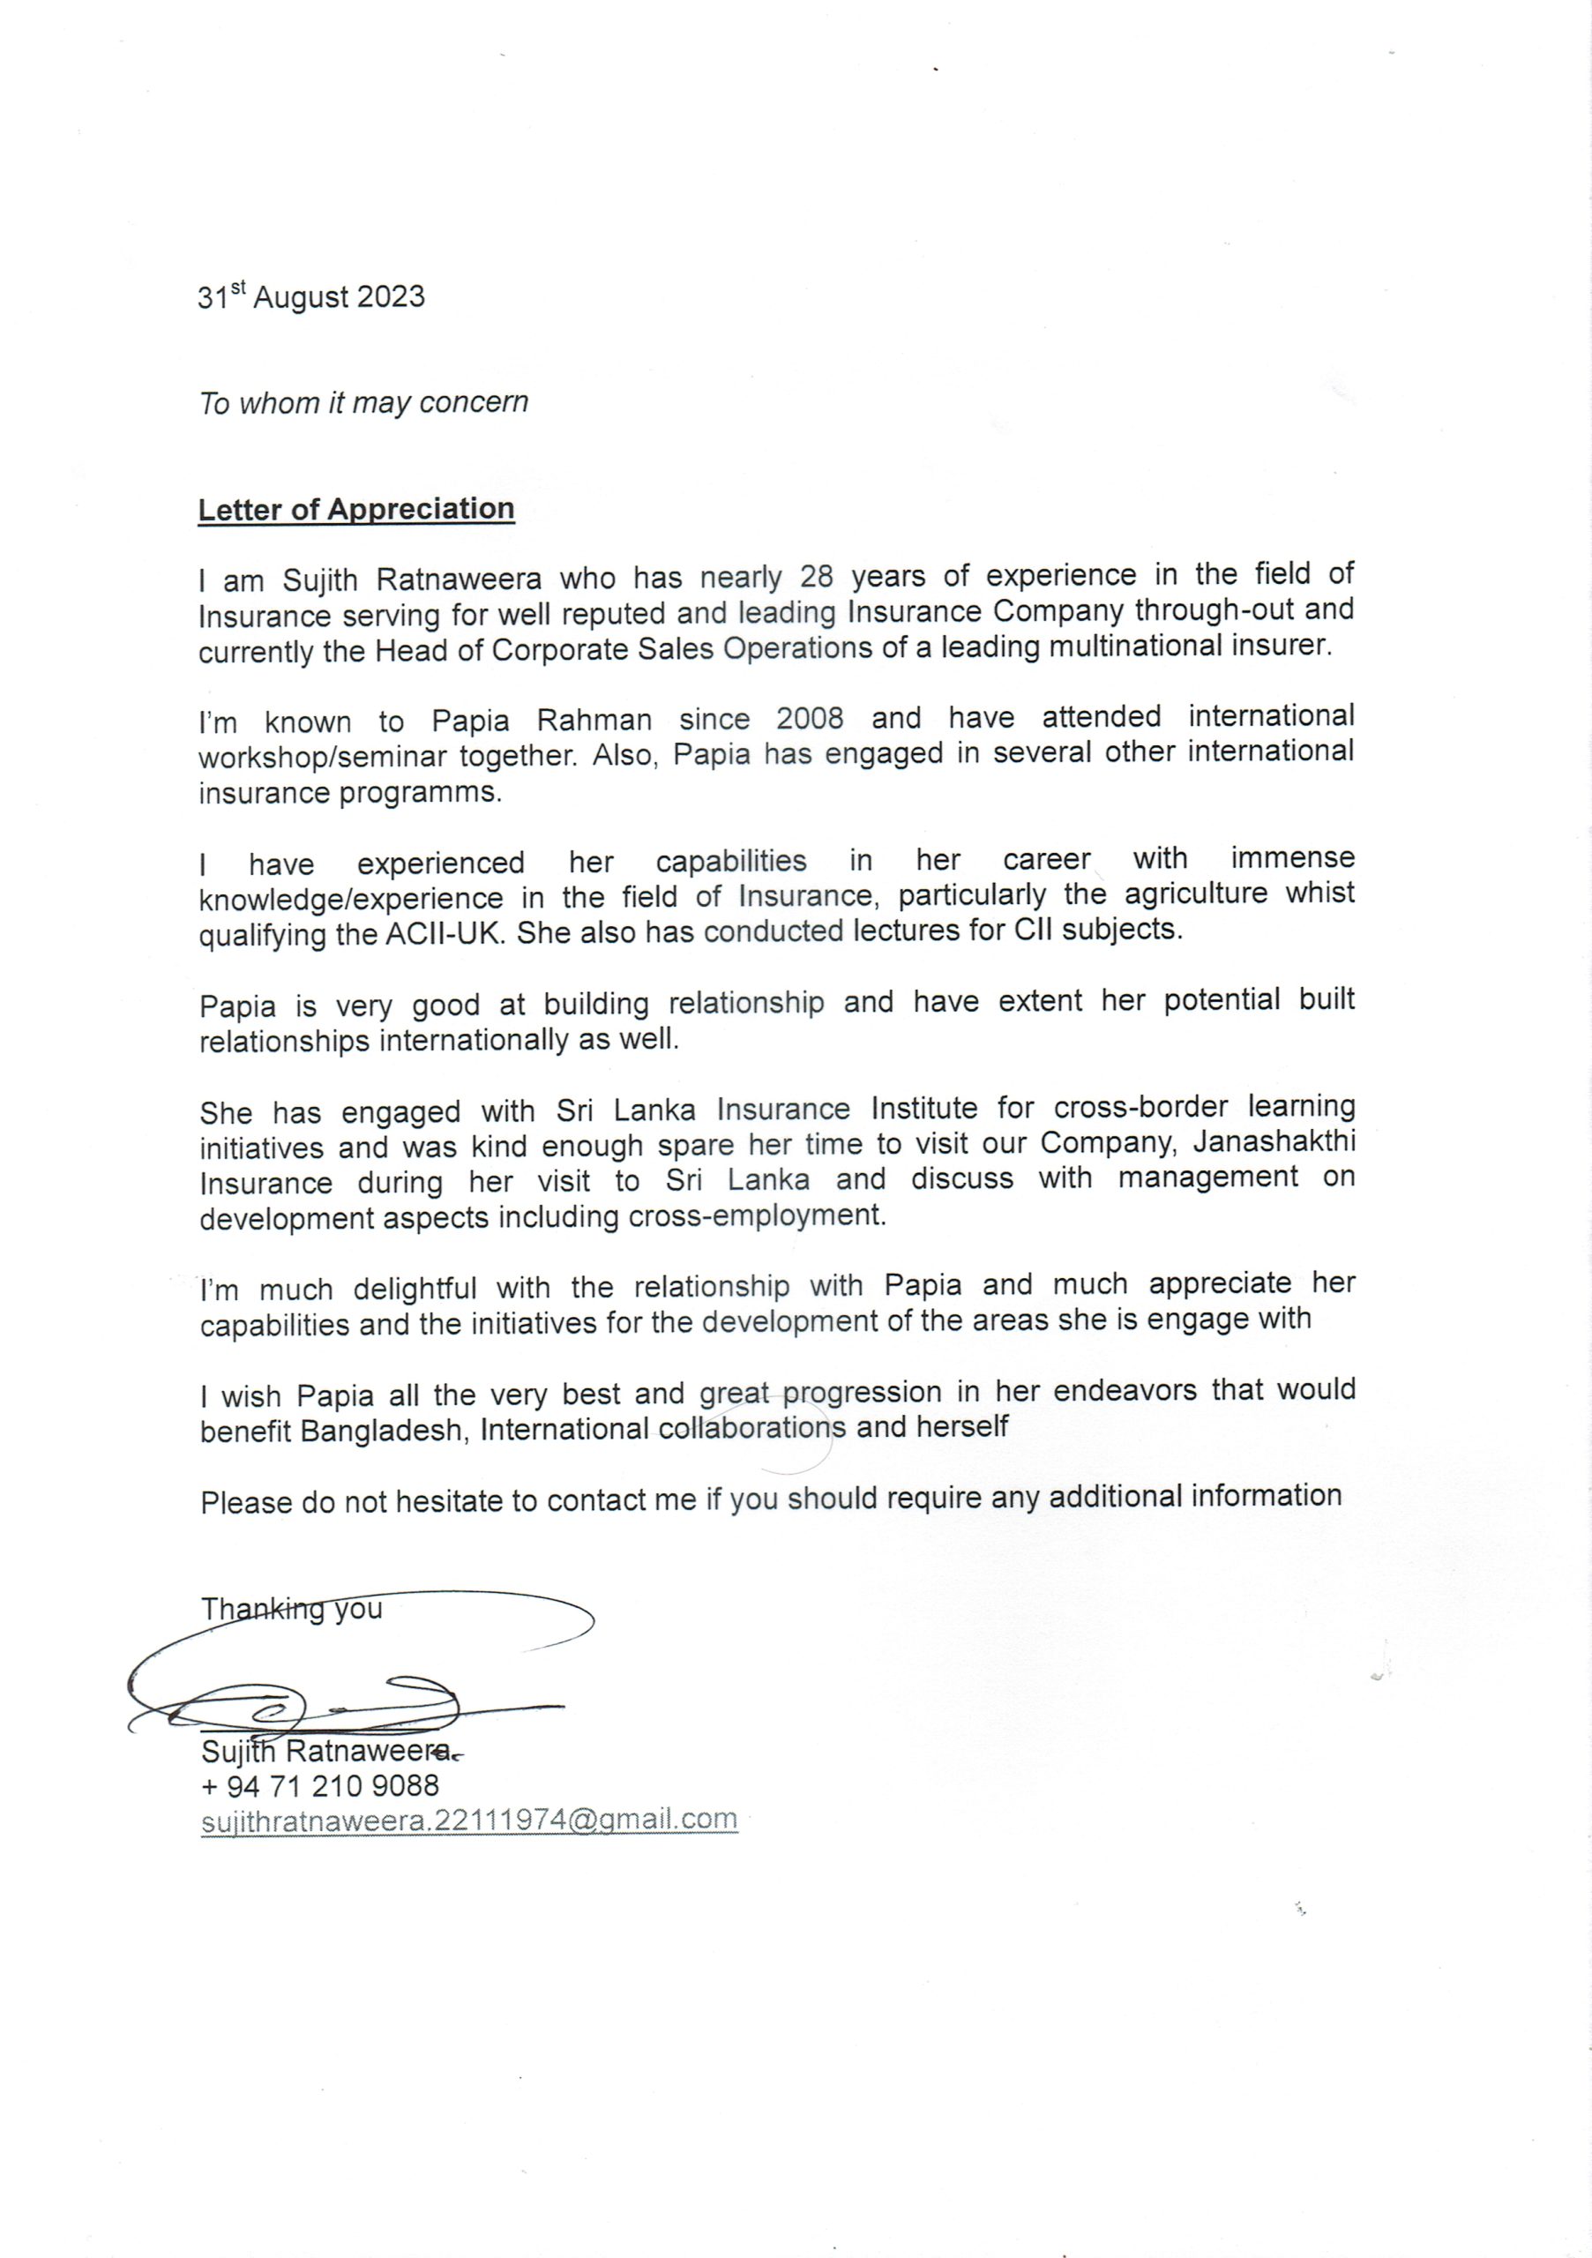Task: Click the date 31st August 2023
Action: pos(310,296)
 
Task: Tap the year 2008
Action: pos(810,718)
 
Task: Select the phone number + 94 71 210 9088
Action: pos(319,1785)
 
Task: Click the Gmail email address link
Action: pos(468,1820)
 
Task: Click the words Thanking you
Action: pos(291,1609)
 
